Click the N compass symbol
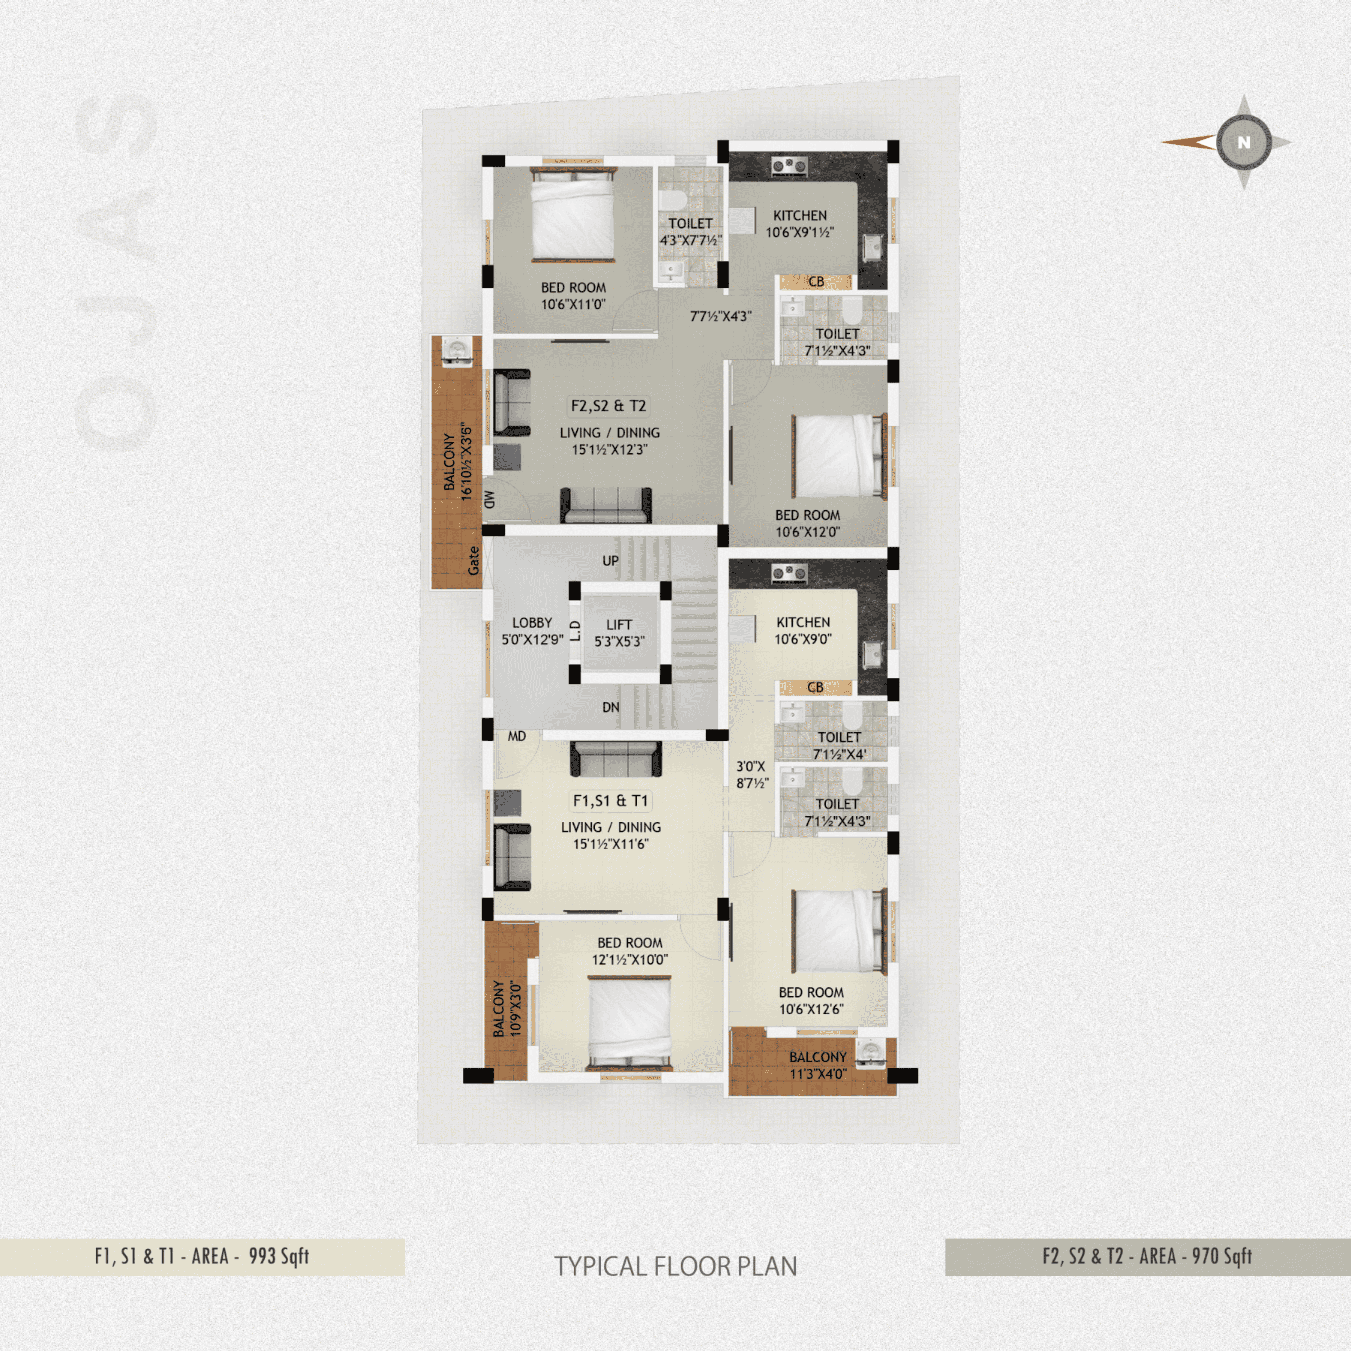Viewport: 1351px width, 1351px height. pyautogui.click(x=1243, y=143)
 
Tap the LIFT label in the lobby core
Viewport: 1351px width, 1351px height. pyautogui.click(x=619, y=624)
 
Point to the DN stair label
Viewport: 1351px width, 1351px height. pyautogui.click(x=610, y=707)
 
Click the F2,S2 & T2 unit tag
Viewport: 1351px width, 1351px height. pyautogui.click(x=608, y=406)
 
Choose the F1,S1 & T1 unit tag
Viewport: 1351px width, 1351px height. pyautogui.click(x=610, y=801)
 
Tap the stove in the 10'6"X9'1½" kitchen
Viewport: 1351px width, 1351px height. pyautogui.click(x=789, y=165)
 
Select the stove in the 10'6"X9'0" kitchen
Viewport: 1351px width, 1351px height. pyautogui.click(x=789, y=574)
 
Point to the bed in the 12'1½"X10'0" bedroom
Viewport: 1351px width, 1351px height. pyautogui.click(x=629, y=1023)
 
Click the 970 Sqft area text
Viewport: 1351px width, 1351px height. pyautogui.click(x=1221, y=1256)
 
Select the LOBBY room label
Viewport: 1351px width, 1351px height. pyautogui.click(x=532, y=623)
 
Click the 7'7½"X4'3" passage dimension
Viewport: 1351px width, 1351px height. pyautogui.click(x=720, y=316)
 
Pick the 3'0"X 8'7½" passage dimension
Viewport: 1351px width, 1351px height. pyautogui.click(x=752, y=775)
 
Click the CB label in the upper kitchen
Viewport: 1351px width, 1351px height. pyautogui.click(x=816, y=282)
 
